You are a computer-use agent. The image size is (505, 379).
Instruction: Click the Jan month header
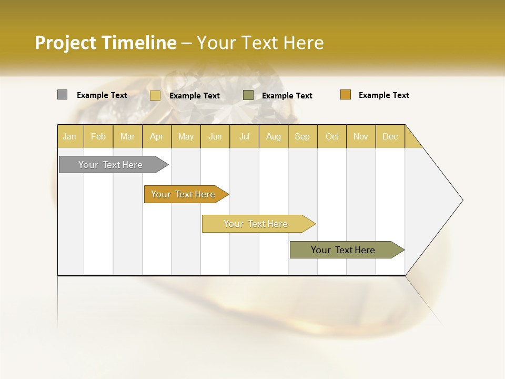tap(70, 136)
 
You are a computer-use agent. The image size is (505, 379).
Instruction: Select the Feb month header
tap(98, 136)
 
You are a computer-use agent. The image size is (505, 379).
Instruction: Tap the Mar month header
tap(127, 136)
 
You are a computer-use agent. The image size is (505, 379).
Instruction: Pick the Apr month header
tap(157, 136)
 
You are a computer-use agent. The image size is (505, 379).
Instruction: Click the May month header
tap(186, 136)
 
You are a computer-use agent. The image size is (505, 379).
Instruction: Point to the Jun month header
tap(215, 136)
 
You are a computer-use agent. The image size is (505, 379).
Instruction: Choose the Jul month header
tap(244, 136)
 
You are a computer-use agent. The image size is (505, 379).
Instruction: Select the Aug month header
tap(274, 136)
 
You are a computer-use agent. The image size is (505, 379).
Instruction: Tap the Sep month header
tap(302, 136)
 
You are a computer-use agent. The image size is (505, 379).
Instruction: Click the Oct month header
tap(332, 136)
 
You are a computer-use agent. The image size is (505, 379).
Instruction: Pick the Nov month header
tap(361, 136)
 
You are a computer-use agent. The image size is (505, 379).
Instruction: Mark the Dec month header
tap(390, 136)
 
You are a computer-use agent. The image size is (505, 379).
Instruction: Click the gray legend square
tap(62, 95)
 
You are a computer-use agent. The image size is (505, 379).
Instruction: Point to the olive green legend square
tap(248, 95)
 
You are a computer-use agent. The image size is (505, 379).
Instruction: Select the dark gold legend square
tap(345, 95)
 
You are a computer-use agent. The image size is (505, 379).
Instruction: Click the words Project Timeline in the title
tap(106, 43)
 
